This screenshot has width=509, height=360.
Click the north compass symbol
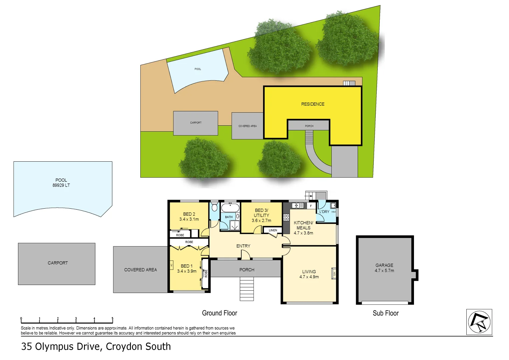pyautogui.click(x=479, y=322)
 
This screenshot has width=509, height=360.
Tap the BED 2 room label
pyautogui.click(x=189, y=214)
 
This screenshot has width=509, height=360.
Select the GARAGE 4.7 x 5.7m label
pyautogui.click(x=384, y=268)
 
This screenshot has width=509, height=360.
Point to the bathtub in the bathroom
pyautogui.click(x=230, y=208)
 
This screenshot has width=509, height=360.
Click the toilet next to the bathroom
pyautogui.click(x=214, y=207)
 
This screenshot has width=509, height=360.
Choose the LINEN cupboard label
pyautogui.click(x=273, y=230)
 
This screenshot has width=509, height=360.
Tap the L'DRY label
pyautogui.click(x=324, y=212)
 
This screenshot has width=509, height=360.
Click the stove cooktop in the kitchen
pyautogui.click(x=286, y=217)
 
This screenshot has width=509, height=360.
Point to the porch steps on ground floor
pyautogui.click(x=247, y=289)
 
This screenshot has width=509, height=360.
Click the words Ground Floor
pyautogui.click(x=219, y=313)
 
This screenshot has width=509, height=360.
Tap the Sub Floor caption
pyautogui.click(x=386, y=313)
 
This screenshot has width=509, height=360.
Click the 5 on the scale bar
pyautogui.click(x=112, y=319)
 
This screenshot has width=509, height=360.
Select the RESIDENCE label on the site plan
pyautogui.click(x=313, y=104)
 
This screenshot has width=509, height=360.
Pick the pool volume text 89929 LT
pyautogui.click(x=61, y=185)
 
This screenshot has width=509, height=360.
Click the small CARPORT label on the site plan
pyautogui.click(x=196, y=123)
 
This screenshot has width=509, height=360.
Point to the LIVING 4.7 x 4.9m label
pyautogui.click(x=309, y=274)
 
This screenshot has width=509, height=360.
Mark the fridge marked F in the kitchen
pyautogui.click(x=311, y=206)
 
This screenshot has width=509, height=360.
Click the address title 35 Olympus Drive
pyautogui.click(x=96, y=347)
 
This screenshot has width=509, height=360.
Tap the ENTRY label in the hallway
pyautogui.click(x=243, y=246)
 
